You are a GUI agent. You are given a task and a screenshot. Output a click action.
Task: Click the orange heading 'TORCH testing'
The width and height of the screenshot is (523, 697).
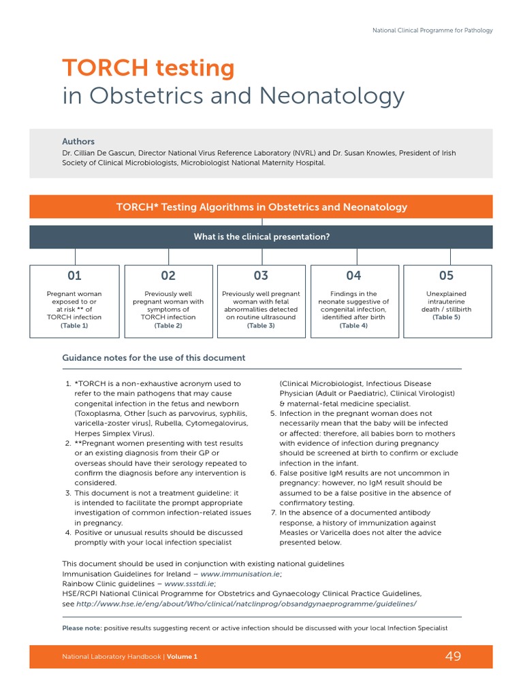(x=148, y=68)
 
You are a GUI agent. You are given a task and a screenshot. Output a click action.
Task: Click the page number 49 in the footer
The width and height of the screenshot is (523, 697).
(x=453, y=656)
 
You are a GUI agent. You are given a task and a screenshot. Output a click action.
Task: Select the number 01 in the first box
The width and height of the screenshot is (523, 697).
(x=74, y=276)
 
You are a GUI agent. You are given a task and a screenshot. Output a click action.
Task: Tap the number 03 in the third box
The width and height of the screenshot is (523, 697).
(x=261, y=276)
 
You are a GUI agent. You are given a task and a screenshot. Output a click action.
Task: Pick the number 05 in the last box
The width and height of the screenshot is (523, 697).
(x=446, y=276)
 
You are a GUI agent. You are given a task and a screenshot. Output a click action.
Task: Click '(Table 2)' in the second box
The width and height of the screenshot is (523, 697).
(x=168, y=326)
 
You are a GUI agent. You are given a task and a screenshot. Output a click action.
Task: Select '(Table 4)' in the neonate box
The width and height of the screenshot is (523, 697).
(x=353, y=326)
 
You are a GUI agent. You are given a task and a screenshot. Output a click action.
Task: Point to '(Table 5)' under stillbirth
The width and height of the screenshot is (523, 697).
(x=446, y=317)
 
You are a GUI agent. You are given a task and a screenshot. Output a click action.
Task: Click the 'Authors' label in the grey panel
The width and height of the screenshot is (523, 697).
(x=78, y=142)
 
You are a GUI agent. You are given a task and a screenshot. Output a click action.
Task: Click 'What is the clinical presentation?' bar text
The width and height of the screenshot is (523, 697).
(x=261, y=237)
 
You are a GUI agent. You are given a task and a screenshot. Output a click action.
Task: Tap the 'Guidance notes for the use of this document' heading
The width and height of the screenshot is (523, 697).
(x=153, y=357)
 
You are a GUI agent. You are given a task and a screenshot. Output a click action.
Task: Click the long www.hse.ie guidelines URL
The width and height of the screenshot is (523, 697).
(x=246, y=604)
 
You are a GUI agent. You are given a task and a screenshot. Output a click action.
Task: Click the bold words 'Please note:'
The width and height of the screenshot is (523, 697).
(x=82, y=628)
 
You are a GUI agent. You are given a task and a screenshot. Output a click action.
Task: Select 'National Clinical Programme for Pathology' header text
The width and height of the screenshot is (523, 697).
(x=432, y=30)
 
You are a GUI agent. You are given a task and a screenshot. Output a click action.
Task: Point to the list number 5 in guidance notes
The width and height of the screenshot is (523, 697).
(x=272, y=413)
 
